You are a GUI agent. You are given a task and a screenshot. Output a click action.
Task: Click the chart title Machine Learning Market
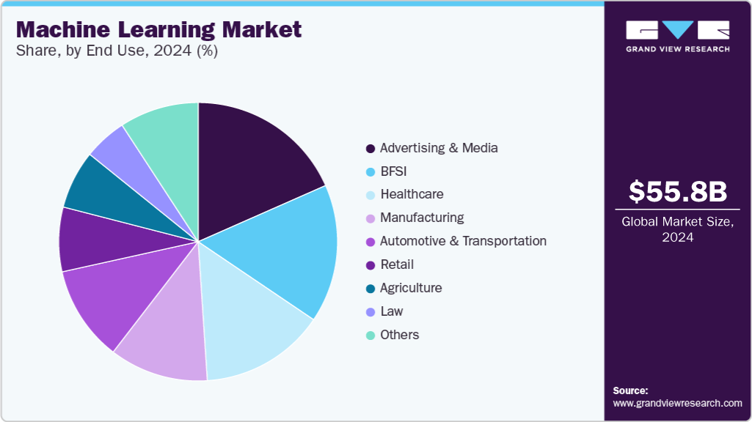(158, 30)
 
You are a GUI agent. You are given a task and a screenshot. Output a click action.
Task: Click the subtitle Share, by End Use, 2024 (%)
(117, 51)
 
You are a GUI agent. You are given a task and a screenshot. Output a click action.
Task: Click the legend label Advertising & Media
(439, 148)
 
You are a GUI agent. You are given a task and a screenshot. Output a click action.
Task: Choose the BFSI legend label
(393, 171)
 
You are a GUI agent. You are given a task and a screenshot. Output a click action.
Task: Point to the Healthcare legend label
(412, 194)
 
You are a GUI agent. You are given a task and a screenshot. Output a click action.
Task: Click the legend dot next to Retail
(370, 265)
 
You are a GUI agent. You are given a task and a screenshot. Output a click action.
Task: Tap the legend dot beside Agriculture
(370, 289)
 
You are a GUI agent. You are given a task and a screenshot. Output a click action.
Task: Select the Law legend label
(392, 311)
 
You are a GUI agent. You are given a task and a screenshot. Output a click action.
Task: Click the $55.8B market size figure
(678, 191)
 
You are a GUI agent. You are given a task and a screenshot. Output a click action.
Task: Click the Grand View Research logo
(678, 35)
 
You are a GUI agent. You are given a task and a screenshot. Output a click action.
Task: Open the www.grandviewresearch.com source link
(677, 403)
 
